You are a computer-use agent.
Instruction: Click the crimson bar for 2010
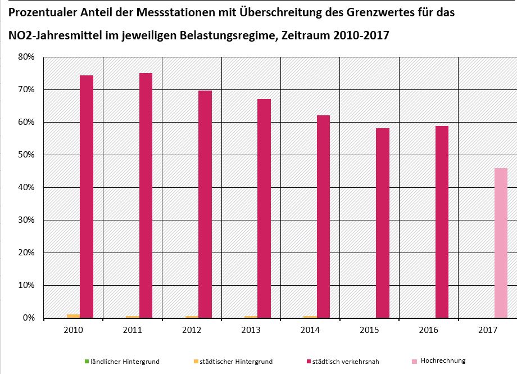(x=87, y=197)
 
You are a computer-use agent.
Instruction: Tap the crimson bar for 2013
(x=264, y=209)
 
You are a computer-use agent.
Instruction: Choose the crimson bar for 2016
(x=442, y=222)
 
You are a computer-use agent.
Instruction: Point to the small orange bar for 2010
(x=73, y=316)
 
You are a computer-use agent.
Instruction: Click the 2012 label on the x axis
(x=192, y=331)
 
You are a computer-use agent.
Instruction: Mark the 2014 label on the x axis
(x=311, y=331)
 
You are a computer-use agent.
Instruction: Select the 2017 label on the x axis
(x=488, y=331)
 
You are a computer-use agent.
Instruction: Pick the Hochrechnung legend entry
(x=443, y=361)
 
